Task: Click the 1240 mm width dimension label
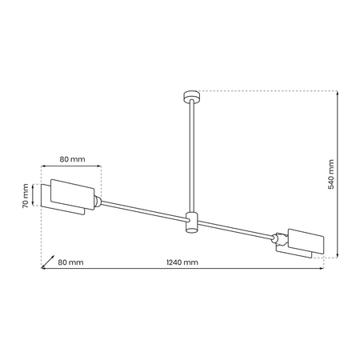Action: coord(182,262)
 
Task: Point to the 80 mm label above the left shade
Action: coord(71,159)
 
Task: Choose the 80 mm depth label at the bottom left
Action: coord(70,262)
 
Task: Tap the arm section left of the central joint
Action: coord(144,209)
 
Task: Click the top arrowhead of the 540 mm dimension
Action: coord(338,91)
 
